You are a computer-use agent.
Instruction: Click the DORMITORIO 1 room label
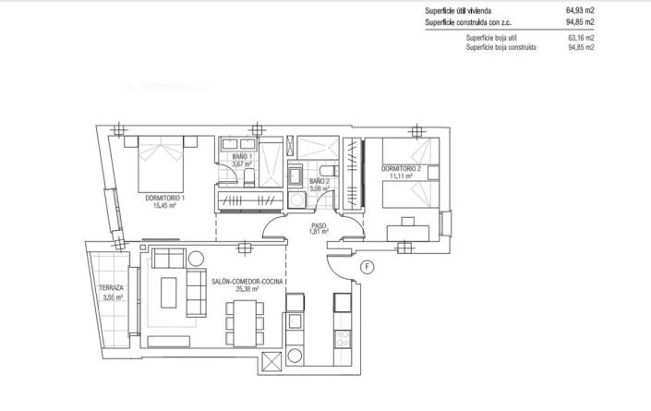[x=165, y=199]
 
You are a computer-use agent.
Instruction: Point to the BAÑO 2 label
[x=319, y=181]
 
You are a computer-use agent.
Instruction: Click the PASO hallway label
[x=319, y=225]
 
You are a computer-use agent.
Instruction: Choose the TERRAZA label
[x=111, y=288]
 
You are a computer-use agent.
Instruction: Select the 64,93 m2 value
[x=580, y=11]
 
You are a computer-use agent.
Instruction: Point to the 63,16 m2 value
[x=581, y=37]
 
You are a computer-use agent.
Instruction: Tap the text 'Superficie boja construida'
[x=500, y=45]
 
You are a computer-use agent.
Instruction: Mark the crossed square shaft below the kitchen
[x=271, y=362]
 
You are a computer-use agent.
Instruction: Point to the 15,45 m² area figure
[x=165, y=207]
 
